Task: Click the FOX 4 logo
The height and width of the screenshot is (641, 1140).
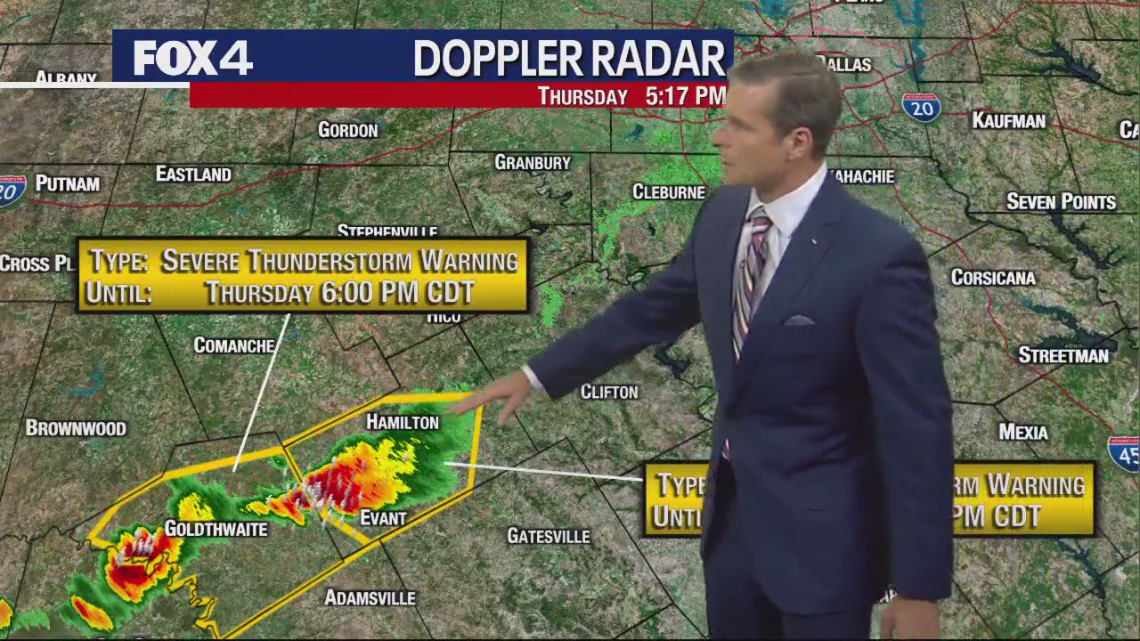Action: tap(193, 59)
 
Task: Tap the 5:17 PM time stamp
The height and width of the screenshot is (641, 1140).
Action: tap(685, 96)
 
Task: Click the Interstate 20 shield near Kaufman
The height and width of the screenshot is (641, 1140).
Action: tap(920, 107)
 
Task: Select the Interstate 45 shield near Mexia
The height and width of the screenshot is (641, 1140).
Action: tap(1124, 453)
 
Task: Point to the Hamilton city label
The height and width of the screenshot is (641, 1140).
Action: tap(403, 422)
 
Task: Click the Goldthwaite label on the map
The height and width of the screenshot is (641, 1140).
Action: tap(216, 529)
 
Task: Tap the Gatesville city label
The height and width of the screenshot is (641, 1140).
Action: tap(548, 536)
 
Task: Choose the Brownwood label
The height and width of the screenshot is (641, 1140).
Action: tap(76, 428)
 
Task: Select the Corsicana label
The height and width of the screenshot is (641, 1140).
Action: tap(993, 278)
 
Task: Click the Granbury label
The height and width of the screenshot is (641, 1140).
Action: tap(533, 162)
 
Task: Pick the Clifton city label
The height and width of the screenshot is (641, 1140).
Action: tap(609, 392)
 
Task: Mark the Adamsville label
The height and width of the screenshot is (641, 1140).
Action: tap(370, 598)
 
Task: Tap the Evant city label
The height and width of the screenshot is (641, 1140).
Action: tap(383, 518)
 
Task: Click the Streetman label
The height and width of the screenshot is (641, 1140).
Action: tap(1063, 355)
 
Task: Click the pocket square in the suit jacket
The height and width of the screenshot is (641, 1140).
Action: tap(799, 320)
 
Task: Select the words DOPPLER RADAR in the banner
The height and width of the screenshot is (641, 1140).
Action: tap(569, 59)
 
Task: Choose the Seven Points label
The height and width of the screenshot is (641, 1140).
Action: tap(1061, 202)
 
